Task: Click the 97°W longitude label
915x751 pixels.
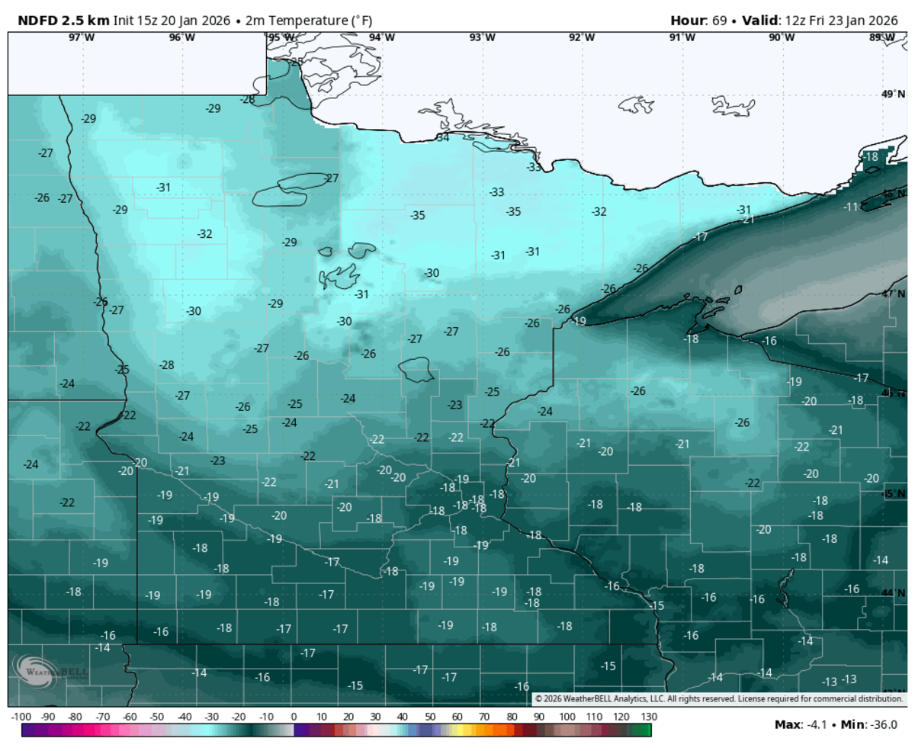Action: (x=82, y=37)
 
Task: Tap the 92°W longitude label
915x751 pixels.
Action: (x=582, y=37)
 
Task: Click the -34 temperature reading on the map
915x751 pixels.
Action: (x=442, y=138)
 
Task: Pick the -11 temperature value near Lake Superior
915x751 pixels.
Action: (x=851, y=207)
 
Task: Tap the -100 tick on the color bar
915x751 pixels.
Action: (x=21, y=717)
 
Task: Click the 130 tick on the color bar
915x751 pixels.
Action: (x=649, y=717)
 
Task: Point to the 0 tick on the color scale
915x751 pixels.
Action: (x=294, y=717)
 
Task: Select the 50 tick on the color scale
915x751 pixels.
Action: (x=430, y=717)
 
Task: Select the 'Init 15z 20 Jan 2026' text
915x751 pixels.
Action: (x=172, y=19)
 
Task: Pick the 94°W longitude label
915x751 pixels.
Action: (x=382, y=37)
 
